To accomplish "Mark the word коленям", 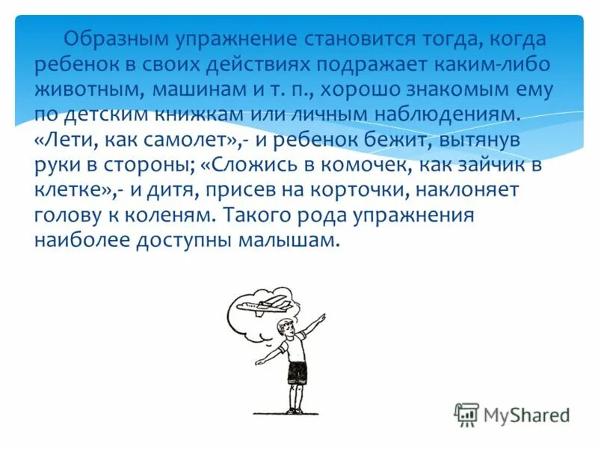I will coord(170,216).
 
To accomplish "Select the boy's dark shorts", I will coord(296,373).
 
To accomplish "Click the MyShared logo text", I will coord(525,414).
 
